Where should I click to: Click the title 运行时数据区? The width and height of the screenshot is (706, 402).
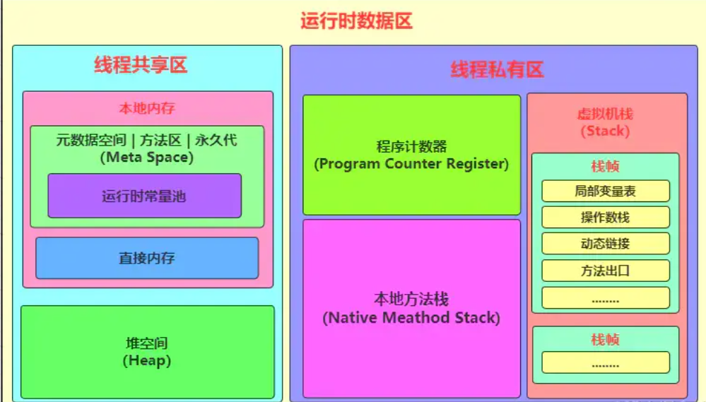click(x=355, y=21)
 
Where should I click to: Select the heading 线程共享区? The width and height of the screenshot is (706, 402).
click(x=141, y=66)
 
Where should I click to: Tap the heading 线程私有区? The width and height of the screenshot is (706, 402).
click(x=497, y=70)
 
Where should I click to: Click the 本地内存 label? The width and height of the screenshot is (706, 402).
click(x=146, y=109)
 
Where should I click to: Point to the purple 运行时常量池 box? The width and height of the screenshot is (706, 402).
click(x=144, y=196)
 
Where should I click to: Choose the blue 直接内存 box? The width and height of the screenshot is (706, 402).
click(x=146, y=258)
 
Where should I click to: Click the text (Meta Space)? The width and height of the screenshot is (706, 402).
click(x=146, y=157)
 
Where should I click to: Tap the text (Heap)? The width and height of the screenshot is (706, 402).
click(x=146, y=361)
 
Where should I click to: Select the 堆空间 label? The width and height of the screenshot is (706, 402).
click(x=146, y=344)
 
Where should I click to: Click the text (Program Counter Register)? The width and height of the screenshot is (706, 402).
click(x=411, y=164)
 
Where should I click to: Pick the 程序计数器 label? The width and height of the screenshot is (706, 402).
click(x=411, y=147)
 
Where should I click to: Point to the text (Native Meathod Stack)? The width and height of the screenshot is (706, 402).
click(x=411, y=318)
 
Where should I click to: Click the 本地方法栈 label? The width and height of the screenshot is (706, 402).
click(x=411, y=300)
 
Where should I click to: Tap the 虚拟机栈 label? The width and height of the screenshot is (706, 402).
click(x=605, y=114)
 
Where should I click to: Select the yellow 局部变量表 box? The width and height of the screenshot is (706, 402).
click(x=605, y=191)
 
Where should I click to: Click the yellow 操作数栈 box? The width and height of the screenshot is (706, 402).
click(x=605, y=217)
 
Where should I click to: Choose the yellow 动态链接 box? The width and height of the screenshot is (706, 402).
click(x=605, y=244)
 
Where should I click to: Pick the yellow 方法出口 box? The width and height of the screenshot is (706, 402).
click(x=605, y=271)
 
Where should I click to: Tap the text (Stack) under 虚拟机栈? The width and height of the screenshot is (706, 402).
click(x=605, y=131)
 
